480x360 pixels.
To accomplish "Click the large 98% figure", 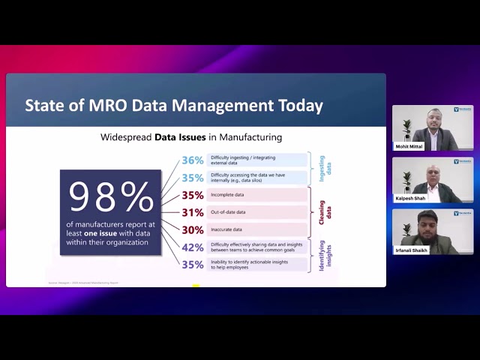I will point(110,197).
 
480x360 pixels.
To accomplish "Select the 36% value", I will point(192,160).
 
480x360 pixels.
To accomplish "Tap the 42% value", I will point(193,247).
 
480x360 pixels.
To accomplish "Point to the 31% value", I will point(192,212).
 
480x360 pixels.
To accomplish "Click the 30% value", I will point(192,230).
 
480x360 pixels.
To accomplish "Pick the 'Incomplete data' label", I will point(227,195).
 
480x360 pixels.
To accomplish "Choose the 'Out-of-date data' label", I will point(228,212).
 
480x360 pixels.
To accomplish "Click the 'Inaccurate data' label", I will point(227,230).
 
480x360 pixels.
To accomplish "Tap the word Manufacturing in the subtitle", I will point(245,137).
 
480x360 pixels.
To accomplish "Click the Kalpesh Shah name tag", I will point(411,199).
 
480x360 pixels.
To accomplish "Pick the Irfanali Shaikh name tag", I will point(412,250).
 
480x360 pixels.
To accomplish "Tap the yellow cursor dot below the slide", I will point(196,286).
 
